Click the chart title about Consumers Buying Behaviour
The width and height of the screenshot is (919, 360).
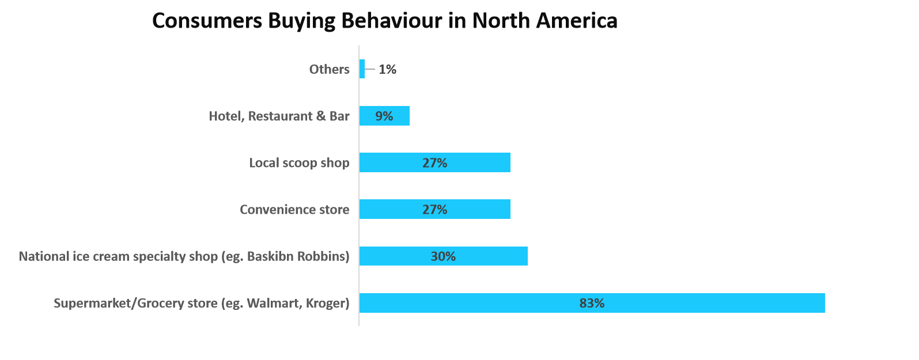[x=384, y=21]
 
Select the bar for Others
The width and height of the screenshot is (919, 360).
[x=362, y=69]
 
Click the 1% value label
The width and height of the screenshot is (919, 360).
[x=387, y=69]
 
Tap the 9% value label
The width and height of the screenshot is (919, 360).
[x=384, y=116]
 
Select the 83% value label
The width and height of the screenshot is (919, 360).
[x=592, y=303]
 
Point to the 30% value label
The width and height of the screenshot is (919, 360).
[x=443, y=256]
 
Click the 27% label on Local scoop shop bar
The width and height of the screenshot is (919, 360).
[x=434, y=163]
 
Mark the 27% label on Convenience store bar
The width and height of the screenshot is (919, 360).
[x=434, y=210]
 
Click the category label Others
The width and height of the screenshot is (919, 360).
[x=329, y=69]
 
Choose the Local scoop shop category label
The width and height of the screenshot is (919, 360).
[x=299, y=163]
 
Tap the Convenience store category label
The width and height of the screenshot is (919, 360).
[x=294, y=210]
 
